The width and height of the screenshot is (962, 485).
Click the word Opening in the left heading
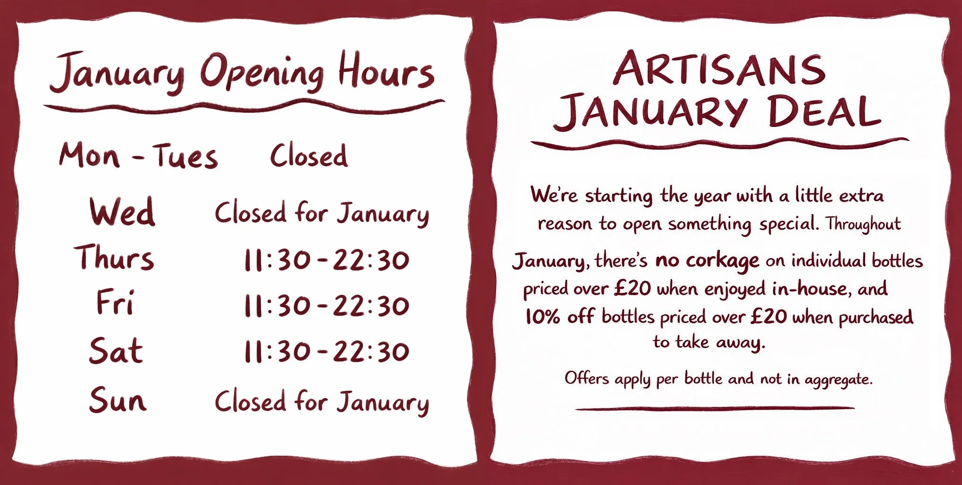[262, 73]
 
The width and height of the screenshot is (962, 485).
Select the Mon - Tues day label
[138, 156]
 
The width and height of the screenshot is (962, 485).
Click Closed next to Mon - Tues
[309, 156]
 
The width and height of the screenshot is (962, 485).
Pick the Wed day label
[122, 212]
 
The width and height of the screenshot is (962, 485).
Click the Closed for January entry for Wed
[322, 213]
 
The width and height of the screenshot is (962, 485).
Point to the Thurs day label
[114, 259]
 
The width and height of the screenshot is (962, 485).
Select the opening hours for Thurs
[326, 260]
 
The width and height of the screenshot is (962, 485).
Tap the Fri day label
[115, 303]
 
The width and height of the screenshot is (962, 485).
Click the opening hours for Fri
[326, 306]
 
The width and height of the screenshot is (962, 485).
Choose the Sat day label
[116, 351]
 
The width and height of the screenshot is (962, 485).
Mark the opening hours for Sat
[326, 351]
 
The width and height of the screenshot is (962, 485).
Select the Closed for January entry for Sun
[322, 402]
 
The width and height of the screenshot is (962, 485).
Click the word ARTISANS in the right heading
[719, 70]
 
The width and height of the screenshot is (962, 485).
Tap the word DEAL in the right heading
[824, 112]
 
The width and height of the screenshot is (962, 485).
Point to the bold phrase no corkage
[707, 260]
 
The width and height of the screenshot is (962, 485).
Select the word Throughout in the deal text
[863, 224]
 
